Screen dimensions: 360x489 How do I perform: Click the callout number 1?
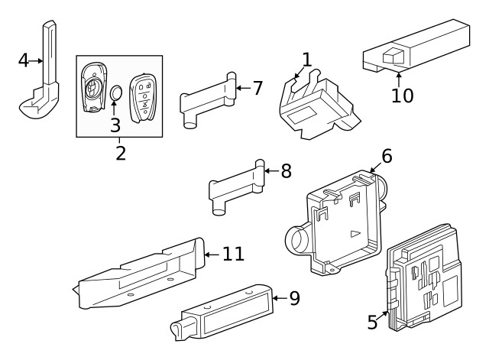(306, 60)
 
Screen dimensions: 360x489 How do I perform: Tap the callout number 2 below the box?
(120, 152)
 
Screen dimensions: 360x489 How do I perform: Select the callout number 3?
(115, 124)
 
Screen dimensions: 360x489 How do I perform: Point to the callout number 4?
(23, 60)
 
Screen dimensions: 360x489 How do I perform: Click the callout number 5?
(372, 322)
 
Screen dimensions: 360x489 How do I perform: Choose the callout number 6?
(387, 156)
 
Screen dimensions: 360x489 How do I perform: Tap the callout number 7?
(257, 88)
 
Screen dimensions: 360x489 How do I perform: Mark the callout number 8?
(286, 170)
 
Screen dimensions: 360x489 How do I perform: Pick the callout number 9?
(294, 298)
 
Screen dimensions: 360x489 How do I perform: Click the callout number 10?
(402, 96)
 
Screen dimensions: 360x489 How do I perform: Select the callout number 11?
(233, 253)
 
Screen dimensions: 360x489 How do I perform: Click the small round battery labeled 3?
(115, 93)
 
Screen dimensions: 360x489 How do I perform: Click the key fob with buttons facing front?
(143, 95)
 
